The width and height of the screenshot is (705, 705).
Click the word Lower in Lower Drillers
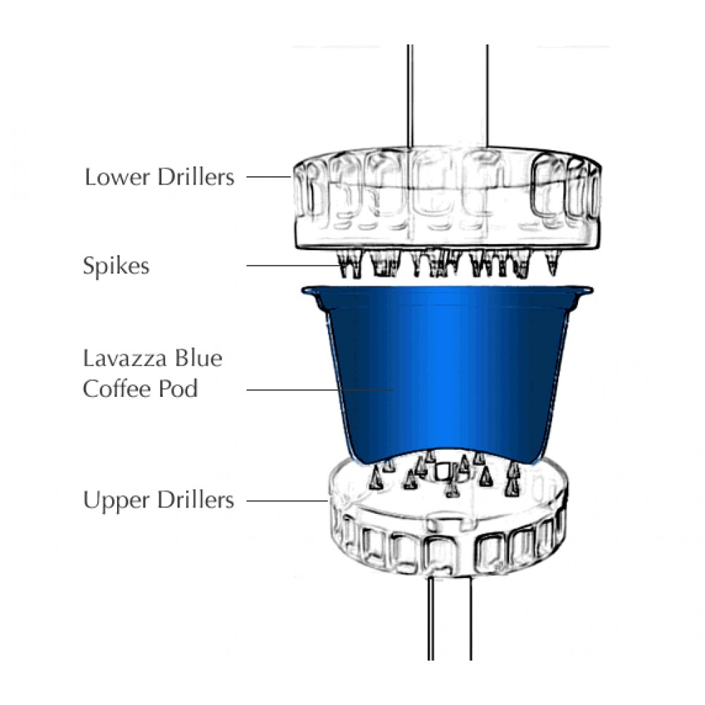[x=117, y=177]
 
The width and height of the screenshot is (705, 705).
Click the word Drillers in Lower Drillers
[x=196, y=177]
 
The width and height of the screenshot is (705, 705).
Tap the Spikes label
[x=116, y=266]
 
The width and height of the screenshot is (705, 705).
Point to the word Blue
[x=198, y=358]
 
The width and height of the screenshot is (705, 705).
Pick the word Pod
[x=178, y=389]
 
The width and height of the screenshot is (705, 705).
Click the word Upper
[x=117, y=501]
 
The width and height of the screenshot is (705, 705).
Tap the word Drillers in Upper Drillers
[x=196, y=500]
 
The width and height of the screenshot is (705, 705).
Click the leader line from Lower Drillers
[x=269, y=177]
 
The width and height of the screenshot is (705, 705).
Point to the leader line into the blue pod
[x=320, y=390]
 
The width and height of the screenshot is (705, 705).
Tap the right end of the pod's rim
[x=591, y=291]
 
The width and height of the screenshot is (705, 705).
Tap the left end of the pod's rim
[x=303, y=290]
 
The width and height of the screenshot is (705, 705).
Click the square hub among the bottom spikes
[x=443, y=471]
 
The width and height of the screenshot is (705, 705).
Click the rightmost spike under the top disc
[x=553, y=263]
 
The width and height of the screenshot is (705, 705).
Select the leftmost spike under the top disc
[x=344, y=264]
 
